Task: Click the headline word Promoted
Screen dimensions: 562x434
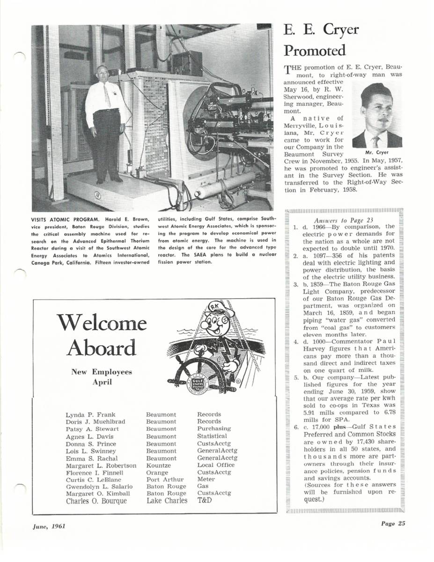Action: coord(315,51)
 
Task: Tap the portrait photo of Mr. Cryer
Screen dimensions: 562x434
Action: coord(377,115)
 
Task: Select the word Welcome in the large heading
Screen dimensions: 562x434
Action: coord(101,323)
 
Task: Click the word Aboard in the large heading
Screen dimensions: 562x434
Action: coord(101,348)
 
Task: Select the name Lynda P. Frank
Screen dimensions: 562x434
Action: coord(87,414)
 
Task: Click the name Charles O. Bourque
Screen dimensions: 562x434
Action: coord(96,501)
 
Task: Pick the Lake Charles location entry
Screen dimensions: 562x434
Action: coord(167,501)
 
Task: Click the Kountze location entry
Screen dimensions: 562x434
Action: coord(158,466)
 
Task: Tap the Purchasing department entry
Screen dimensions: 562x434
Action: coord(214,429)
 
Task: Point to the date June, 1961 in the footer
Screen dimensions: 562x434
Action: coord(49,526)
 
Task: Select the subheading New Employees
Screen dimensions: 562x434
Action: coord(101,372)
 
